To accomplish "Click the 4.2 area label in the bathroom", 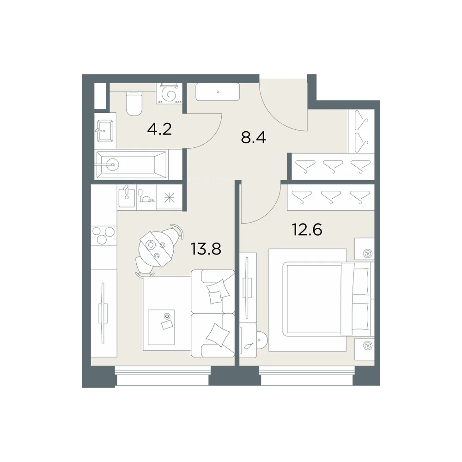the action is [x=159, y=129].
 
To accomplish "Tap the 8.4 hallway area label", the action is [x=253, y=137].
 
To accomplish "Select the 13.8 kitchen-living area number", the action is [x=206, y=249].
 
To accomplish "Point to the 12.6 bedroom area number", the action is [x=307, y=230].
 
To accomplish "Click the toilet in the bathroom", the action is [x=134, y=103].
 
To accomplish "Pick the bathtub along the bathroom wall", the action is [x=131, y=165].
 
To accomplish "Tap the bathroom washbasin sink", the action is [x=104, y=131].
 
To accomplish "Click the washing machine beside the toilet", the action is [x=170, y=94].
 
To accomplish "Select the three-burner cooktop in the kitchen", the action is [x=103, y=235].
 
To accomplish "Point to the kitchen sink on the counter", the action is [x=127, y=197].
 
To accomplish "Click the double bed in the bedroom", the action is [x=322, y=300].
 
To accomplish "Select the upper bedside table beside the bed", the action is [x=365, y=249].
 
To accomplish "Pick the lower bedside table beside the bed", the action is [x=365, y=349].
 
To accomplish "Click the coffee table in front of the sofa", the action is [x=161, y=327].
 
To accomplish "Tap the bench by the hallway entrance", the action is [x=218, y=92].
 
